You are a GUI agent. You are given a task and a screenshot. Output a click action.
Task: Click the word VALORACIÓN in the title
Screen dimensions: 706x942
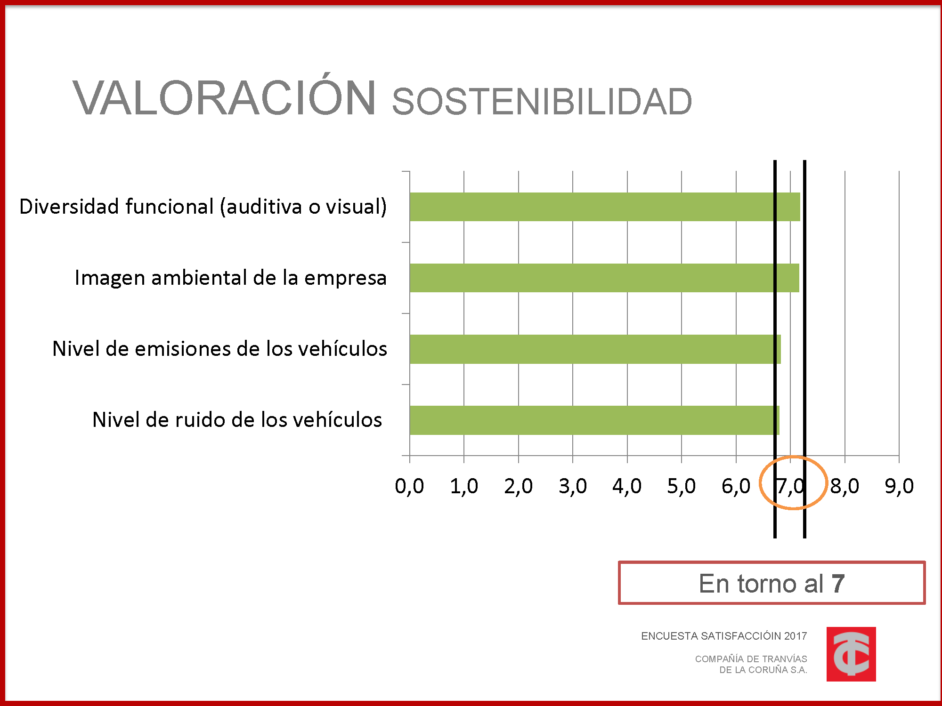coord(224,98)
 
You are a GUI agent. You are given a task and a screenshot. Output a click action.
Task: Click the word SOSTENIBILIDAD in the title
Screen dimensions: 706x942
coord(542,102)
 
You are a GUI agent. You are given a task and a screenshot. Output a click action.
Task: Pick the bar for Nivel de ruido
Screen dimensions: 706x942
coord(594,420)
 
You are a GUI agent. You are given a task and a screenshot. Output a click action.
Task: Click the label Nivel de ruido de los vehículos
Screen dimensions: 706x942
coord(237,420)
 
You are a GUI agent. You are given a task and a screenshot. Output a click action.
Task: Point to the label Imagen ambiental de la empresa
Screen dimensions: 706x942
coord(231,278)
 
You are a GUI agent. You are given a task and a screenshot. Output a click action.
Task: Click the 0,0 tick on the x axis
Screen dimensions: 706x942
coord(409,486)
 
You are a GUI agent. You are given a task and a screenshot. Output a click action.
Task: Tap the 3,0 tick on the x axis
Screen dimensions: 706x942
coord(573,486)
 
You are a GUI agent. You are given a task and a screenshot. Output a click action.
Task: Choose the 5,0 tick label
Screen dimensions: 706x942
coord(681,486)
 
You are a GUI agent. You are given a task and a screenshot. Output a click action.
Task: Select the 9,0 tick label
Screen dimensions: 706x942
coord(899,486)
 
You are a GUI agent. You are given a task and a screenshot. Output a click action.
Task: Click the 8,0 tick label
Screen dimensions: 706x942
coord(845,486)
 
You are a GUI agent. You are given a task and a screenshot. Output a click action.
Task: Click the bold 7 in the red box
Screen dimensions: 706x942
coord(838,584)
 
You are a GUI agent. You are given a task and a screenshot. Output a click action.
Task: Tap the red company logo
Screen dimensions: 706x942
coord(851,654)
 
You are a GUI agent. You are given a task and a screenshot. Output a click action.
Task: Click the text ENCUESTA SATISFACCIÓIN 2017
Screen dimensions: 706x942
coord(724,636)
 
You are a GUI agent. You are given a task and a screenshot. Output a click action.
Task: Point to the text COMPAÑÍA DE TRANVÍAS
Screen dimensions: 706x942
coord(751,659)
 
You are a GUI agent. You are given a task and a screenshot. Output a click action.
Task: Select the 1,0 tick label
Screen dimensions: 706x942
coord(464,486)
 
